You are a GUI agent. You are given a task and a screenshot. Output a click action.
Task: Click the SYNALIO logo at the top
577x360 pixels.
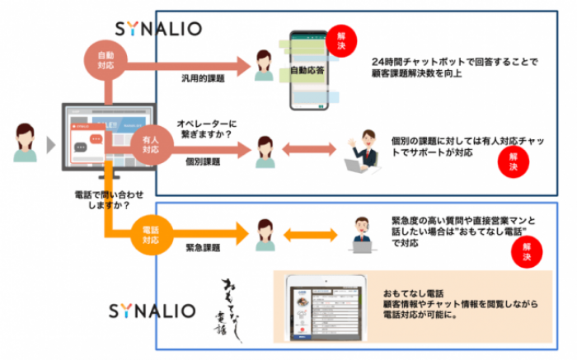(159, 28)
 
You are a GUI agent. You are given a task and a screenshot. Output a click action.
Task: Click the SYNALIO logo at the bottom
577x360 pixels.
(152, 311)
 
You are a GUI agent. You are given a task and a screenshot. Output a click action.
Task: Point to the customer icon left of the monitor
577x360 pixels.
(22, 145)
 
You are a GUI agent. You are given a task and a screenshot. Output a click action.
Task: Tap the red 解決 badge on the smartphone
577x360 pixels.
(336, 38)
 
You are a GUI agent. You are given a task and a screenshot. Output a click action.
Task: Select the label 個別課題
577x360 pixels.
(203, 162)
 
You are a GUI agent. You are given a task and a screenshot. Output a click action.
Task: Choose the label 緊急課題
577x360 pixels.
(203, 246)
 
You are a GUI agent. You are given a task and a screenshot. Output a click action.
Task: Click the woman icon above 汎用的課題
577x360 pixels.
(264, 64)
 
